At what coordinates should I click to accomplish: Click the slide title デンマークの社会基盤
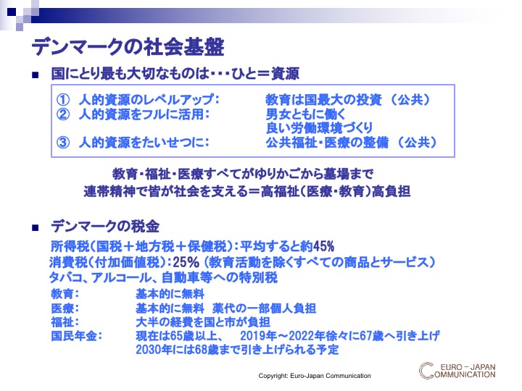128,47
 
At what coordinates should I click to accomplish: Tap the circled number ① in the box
63,99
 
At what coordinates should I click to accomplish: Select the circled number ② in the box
63,114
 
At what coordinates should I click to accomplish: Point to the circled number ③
63,143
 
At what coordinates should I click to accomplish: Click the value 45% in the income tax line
323,246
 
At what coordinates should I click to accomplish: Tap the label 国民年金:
76,336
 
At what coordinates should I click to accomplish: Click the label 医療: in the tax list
65,308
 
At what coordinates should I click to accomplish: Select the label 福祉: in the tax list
65,321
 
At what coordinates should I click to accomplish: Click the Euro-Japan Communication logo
457,371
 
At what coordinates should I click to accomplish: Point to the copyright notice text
315,376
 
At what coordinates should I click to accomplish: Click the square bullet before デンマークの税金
36,228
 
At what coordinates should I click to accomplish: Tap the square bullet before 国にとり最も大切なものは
36,75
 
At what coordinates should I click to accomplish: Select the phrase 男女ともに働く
306,114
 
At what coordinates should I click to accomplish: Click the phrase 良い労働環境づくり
319,128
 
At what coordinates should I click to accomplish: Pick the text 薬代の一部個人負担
265,308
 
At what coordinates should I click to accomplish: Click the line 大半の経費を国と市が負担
203,321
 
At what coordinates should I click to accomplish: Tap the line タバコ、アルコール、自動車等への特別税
163,277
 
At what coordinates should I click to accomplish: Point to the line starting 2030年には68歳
237,350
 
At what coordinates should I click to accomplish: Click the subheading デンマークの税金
105,227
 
